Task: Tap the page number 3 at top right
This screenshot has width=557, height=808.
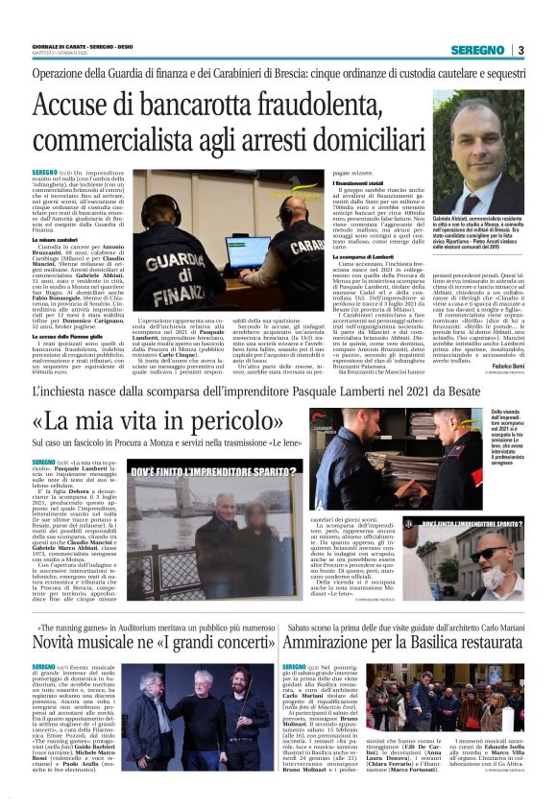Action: coord(520,50)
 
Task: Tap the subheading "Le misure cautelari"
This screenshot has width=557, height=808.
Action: coord(54,239)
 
